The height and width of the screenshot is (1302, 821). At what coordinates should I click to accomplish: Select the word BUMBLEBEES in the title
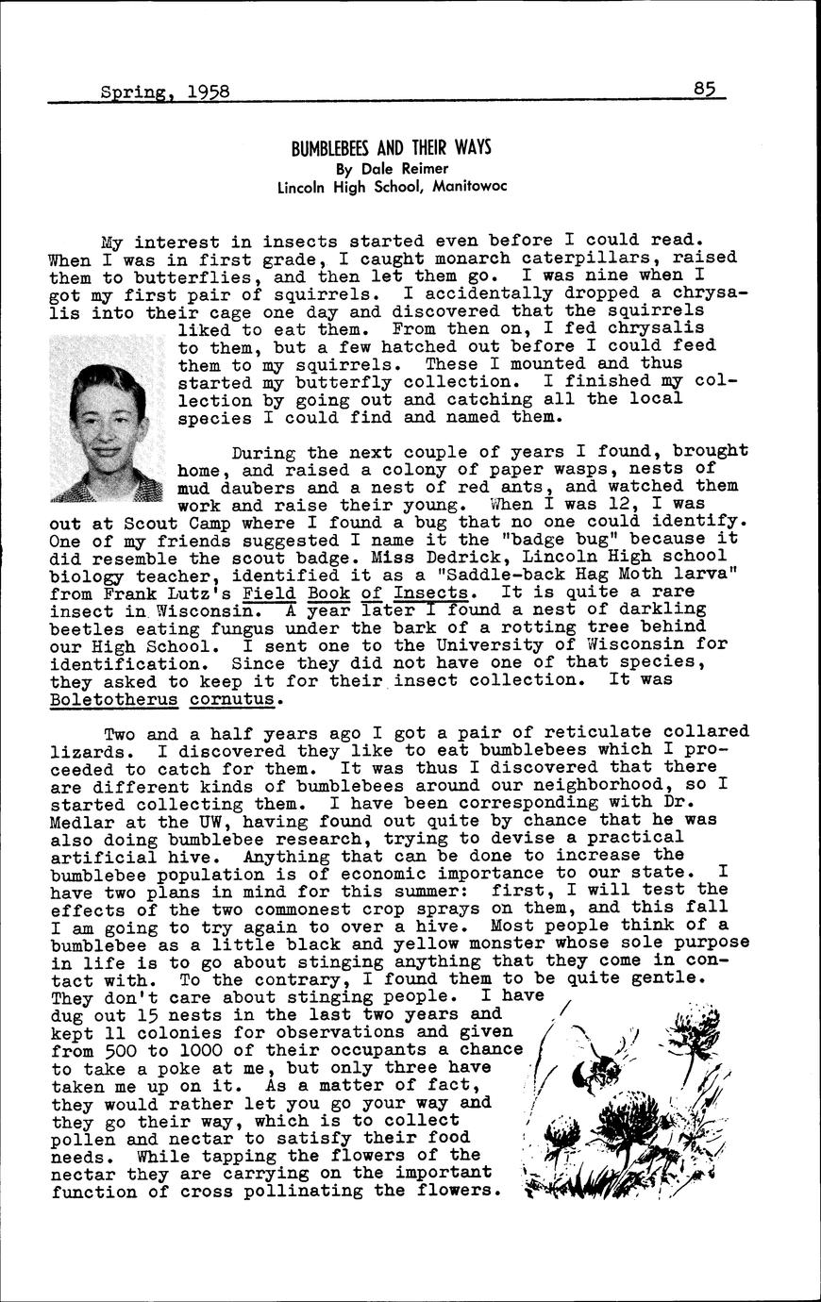coord(326,148)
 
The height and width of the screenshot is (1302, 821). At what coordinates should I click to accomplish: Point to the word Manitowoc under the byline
coord(470,186)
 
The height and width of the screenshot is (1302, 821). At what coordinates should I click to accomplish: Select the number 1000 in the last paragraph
coord(193,1049)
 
